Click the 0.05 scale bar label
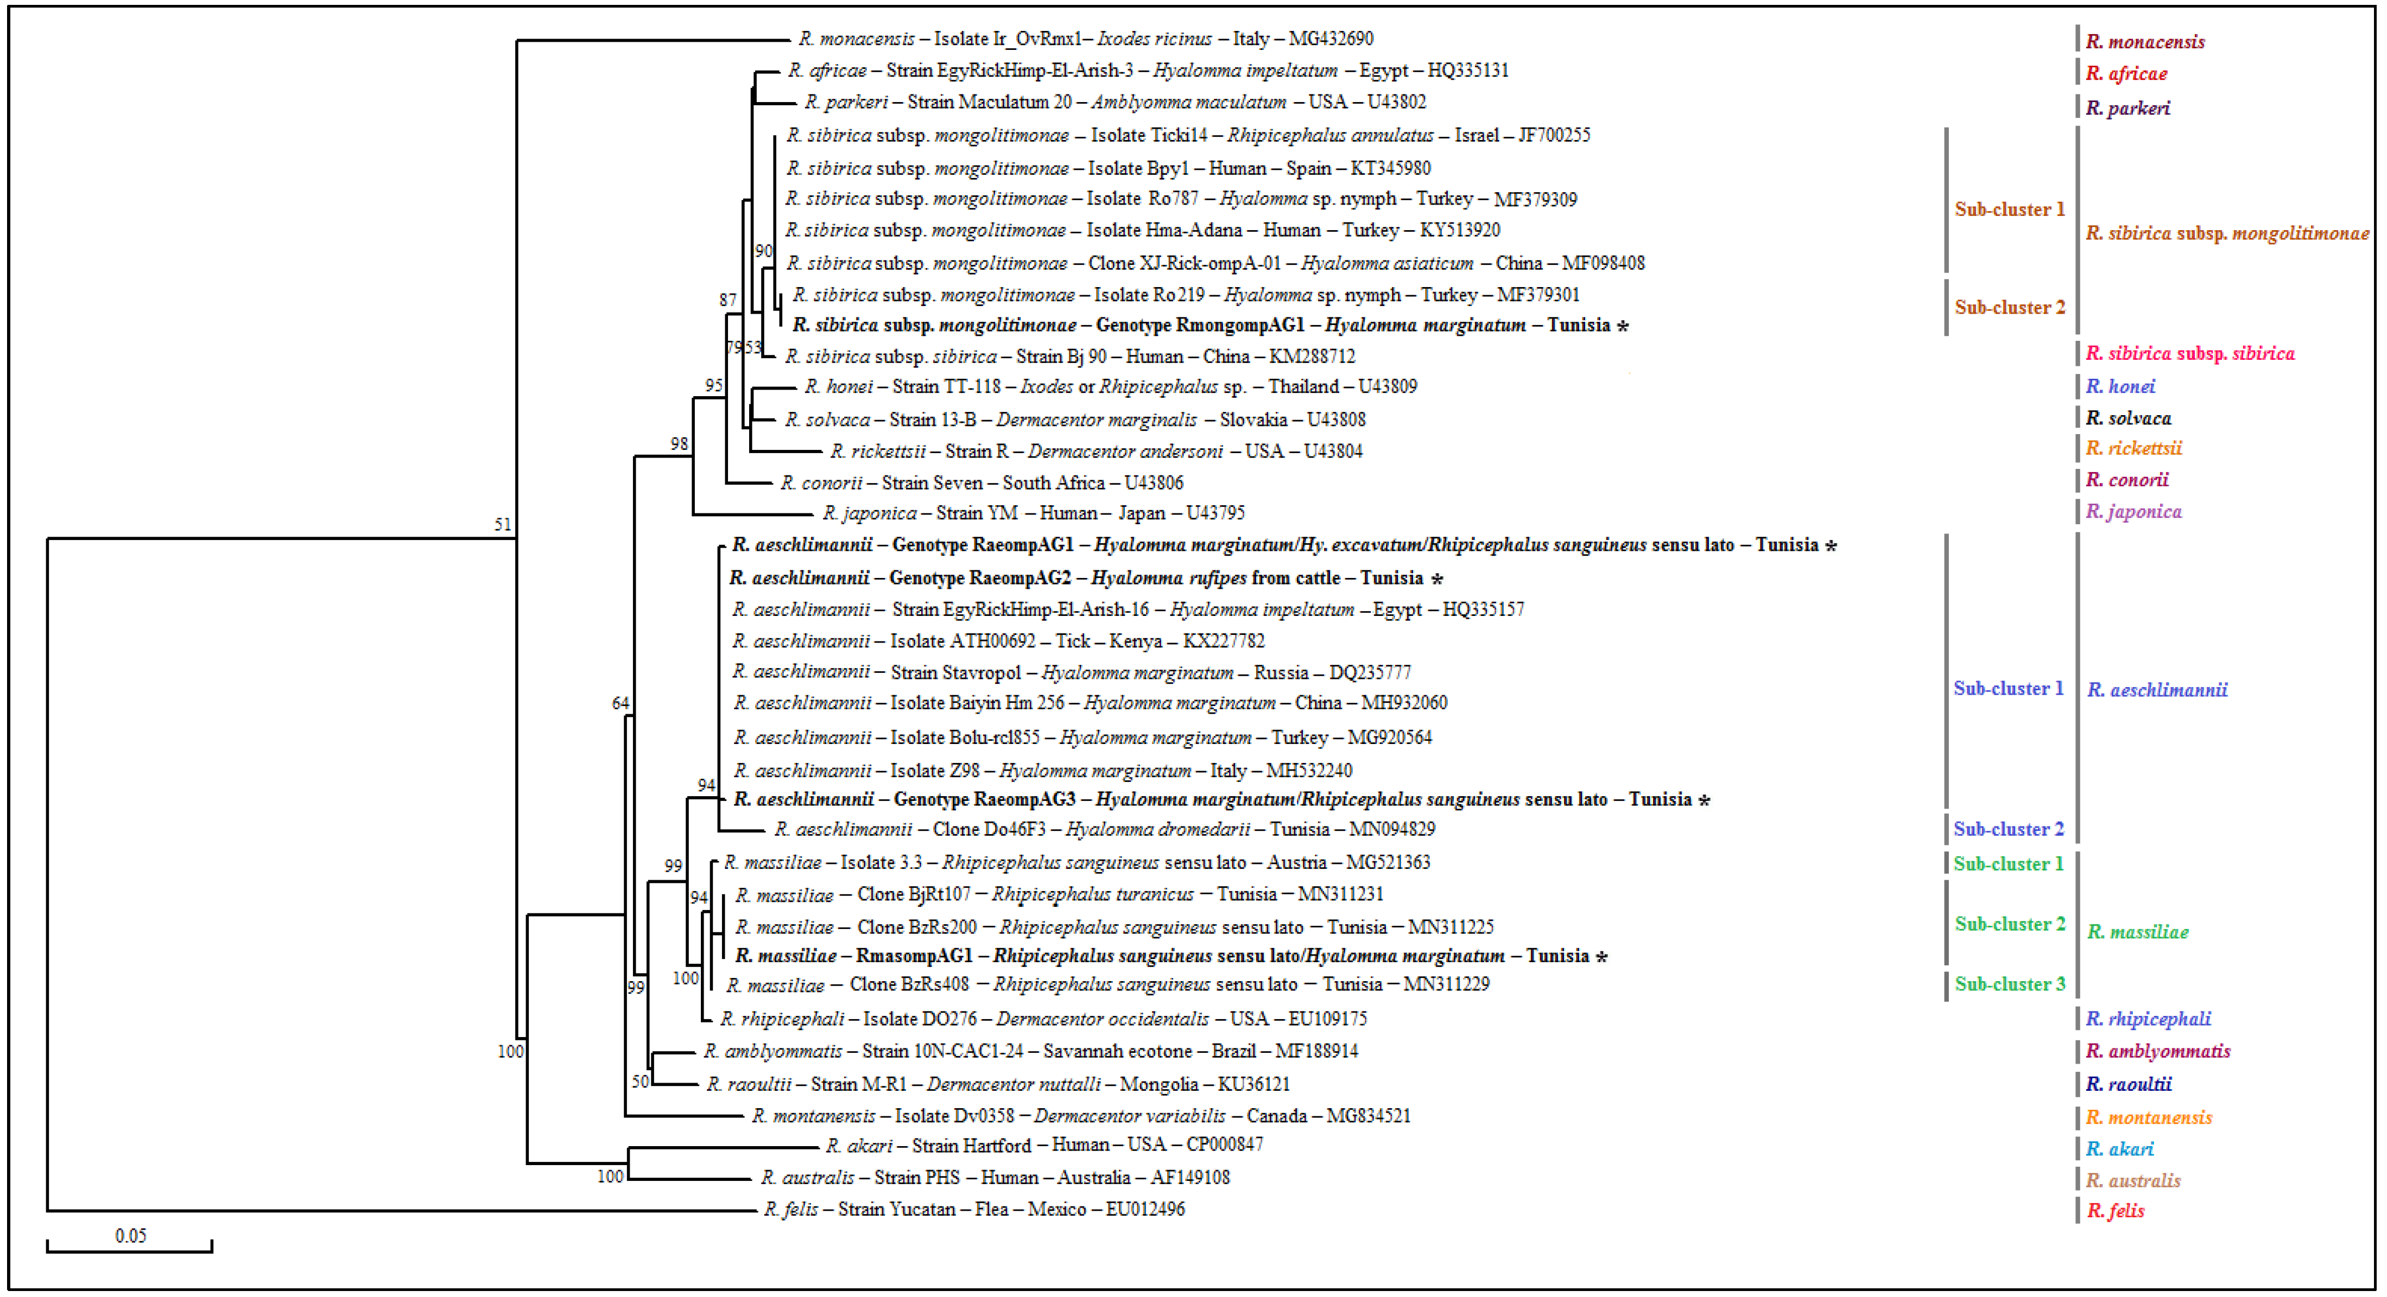tap(131, 1236)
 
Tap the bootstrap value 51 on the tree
tap(502, 524)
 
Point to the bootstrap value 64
tap(620, 703)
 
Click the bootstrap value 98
tap(679, 444)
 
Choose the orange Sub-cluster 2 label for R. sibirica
tap(2010, 308)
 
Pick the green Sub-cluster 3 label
tap(2010, 984)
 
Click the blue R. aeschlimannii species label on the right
tap(2157, 690)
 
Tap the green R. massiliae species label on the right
tap(2138, 932)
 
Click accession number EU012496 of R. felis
tap(1145, 1209)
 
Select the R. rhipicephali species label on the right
tap(2148, 1019)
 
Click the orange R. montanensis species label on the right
tap(2149, 1117)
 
